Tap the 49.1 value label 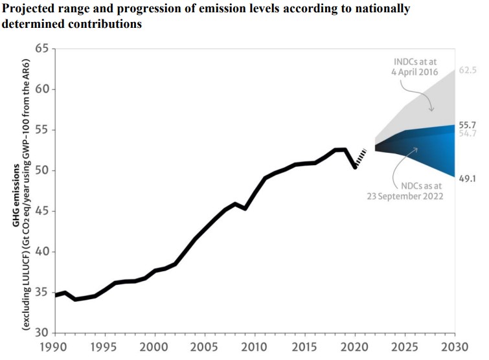coord(468,178)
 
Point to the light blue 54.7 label coord(468,133)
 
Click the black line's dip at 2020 coord(355,167)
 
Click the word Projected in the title coord(30,9)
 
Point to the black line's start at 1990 coord(56,295)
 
